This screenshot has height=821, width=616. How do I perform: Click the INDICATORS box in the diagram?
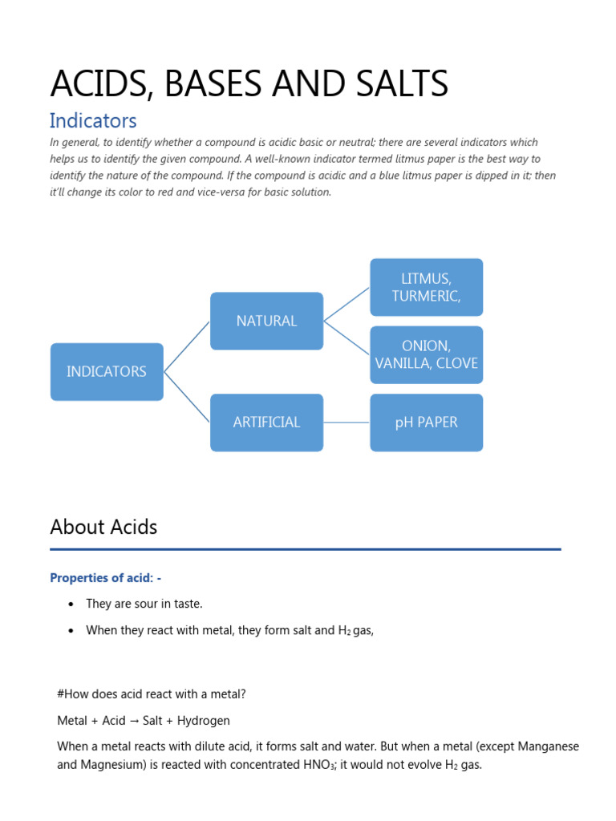(107, 372)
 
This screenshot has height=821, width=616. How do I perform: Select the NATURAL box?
(266, 321)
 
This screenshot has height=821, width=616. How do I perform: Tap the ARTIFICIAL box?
(266, 422)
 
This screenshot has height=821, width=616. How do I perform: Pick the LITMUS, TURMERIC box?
(426, 287)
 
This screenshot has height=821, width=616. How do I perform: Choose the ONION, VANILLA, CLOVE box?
(426, 354)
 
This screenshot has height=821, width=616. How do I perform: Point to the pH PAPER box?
(426, 422)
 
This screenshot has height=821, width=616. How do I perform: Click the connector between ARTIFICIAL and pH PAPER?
(346, 422)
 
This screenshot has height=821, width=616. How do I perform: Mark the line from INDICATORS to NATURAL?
(187, 346)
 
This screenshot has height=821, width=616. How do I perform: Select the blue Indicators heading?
(93, 121)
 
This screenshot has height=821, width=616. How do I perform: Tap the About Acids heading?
(103, 527)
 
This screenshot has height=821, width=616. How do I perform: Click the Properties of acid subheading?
(106, 577)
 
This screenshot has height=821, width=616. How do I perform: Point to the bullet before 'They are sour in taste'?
(71, 604)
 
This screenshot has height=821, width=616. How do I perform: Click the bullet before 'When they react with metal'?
(71, 630)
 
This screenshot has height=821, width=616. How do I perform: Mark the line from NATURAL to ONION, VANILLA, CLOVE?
(346, 338)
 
